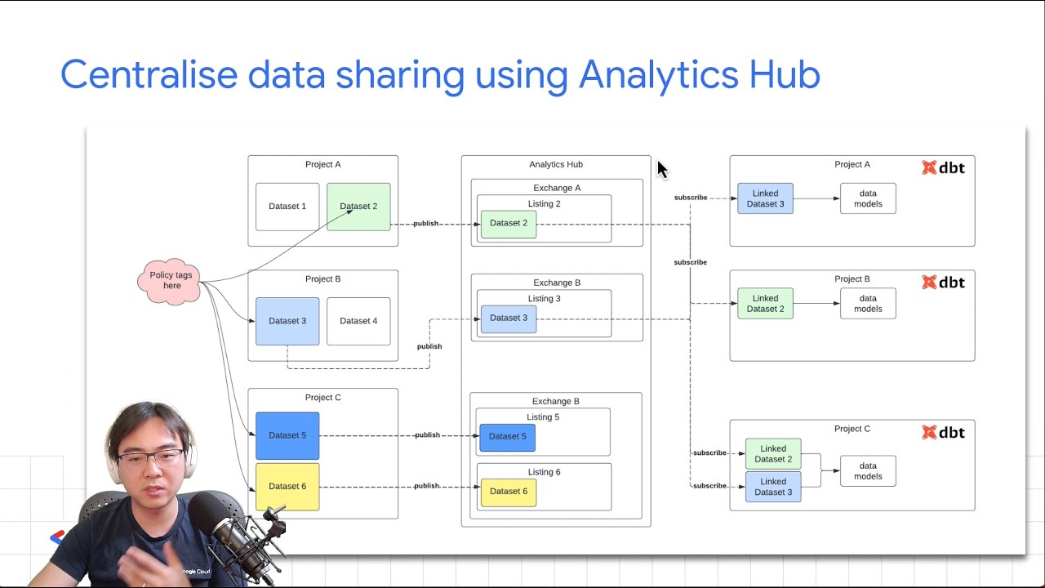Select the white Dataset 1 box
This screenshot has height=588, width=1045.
tap(287, 207)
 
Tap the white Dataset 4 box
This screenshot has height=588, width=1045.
tap(358, 321)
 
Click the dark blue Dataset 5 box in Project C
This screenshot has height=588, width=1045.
tap(287, 435)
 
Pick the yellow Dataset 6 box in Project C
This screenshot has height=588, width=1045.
tap(287, 487)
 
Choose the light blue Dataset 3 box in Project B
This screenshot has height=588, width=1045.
tap(287, 321)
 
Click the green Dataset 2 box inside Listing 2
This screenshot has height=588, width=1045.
tap(509, 224)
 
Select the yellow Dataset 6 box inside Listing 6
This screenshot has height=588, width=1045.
tap(509, 492)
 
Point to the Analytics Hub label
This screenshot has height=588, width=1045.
tap(556, 164)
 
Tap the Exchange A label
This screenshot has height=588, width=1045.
tap(557, 188)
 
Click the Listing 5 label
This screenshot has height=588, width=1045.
tap(543, 417)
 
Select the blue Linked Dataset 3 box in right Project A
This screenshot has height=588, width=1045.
tap(765, 198)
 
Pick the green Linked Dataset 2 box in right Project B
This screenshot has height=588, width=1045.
tap(765, 304)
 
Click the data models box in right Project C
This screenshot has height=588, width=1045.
tap(868, 471)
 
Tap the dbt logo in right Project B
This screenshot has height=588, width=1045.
tap(944, 283)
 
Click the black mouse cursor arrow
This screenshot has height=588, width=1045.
tap(661, 169)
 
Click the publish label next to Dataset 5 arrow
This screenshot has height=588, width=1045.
tap(427, 435)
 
